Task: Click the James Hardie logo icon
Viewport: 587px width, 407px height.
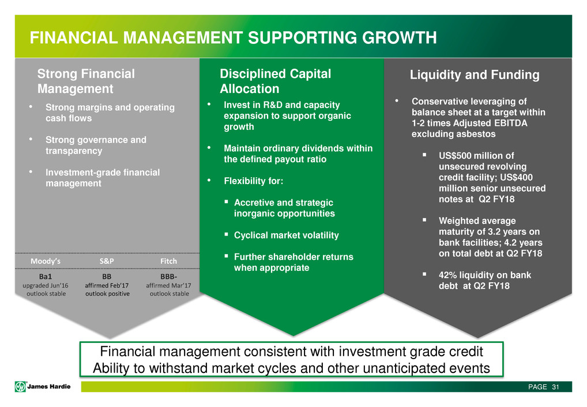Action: click(x=20, y=386)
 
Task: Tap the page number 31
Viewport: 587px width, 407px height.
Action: click(x=555, y=387)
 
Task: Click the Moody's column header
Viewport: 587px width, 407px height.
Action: click(x=46, y=261)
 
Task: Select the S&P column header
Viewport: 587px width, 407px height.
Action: click(x=107, y=261)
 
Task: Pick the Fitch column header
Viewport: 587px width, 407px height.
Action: click(x=168, y=261)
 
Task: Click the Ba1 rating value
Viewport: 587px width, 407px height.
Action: click(x=46, y=277)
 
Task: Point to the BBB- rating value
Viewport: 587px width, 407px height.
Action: click(x=168, y=277)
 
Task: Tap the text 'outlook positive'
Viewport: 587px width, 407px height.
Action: click(x=107, y=294)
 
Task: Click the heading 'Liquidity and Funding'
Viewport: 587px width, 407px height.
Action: click(x=475, y=75)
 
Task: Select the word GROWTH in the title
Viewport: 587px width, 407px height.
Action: click(x=400, y=38)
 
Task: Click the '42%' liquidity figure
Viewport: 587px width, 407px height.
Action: click(x=447, y=275)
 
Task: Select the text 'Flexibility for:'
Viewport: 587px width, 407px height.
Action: click(x=254, y=181)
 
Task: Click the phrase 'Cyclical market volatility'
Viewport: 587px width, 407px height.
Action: click(x=287, y=236)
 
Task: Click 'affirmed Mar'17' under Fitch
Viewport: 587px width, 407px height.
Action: click(x=168, y=286)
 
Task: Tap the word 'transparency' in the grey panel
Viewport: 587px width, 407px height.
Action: click(x=74, y=151)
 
